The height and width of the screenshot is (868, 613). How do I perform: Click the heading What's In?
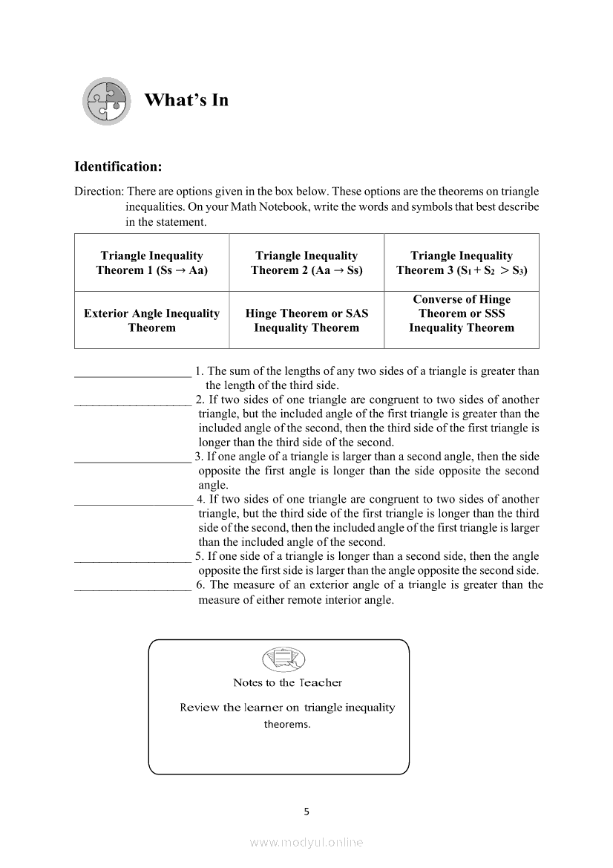(186, 100)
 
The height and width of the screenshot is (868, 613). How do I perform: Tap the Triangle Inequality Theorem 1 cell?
(152, 263)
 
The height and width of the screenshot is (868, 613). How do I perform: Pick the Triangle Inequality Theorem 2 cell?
(306, 263)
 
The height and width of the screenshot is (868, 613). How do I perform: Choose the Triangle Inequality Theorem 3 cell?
(462, 263)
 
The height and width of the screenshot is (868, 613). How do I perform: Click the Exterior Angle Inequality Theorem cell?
(152, 321)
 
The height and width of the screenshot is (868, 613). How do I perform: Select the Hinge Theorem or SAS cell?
(306, 321)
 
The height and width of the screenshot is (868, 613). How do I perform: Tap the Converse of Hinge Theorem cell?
(462, 313)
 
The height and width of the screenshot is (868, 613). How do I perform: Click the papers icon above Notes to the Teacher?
(283, 659)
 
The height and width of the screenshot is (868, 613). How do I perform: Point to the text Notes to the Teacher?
(287, 683)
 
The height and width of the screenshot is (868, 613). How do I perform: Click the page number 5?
(306, 812)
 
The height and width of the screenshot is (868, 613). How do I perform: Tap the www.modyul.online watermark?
(306, 843)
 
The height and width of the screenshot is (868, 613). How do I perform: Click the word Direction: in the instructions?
(99, 192)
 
